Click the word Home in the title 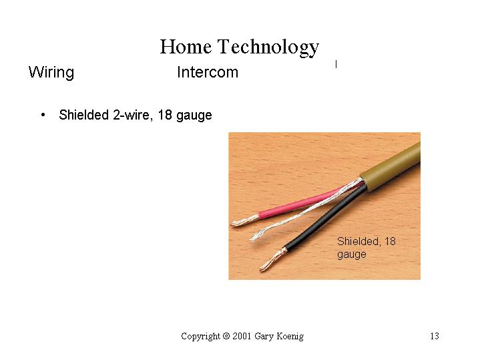(186, 47)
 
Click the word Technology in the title (268, 48)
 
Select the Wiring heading (51, 73)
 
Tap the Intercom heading (208, 72)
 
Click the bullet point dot (43, 115)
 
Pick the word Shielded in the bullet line (84, 115)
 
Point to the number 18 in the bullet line (165, 115)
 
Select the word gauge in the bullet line (194, 116)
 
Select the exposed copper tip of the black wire (272, 260)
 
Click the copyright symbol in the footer (226, 336)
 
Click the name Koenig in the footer (290, 337)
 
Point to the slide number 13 (435, 336)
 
